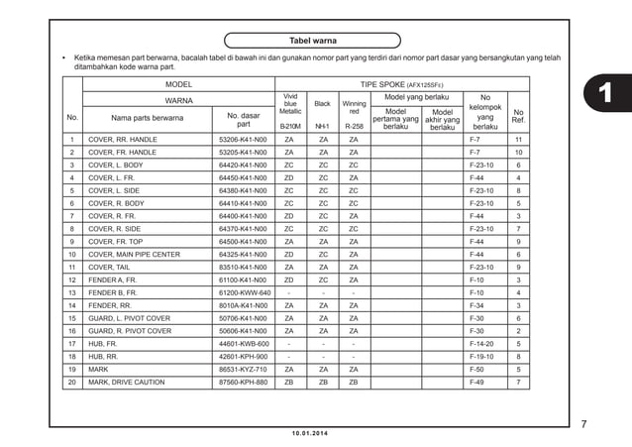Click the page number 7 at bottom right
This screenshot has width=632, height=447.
[x=583, y=424]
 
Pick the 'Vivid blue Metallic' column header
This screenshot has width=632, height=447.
[x=290, y=104]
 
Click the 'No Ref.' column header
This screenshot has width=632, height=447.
[x=518, y=117]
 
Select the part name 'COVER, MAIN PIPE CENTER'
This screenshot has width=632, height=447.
[x=134, y=255]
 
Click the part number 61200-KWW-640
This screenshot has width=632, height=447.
[x=244, y=293]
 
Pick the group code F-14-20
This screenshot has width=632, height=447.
[x=482, y=344]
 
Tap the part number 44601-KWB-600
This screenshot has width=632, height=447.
[x=244, y=344]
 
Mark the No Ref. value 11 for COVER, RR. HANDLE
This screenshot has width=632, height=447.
[x=518, y=140]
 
